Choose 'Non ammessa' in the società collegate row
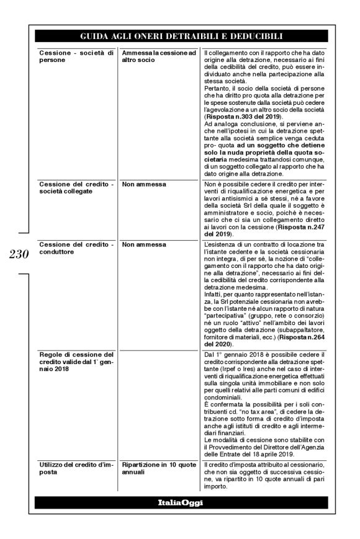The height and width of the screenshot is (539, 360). [140, 184]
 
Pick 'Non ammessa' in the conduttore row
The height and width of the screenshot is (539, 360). [140, 245]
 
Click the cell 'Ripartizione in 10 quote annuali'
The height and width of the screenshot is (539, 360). [158, 468]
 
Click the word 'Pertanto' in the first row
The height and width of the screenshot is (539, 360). [218, 88]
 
